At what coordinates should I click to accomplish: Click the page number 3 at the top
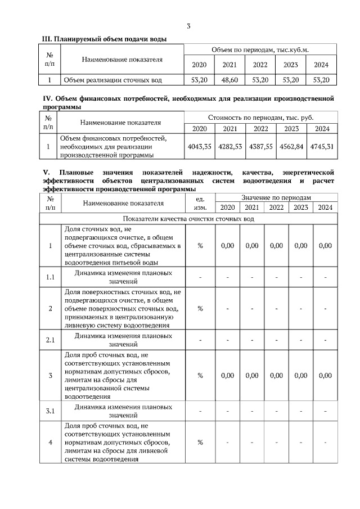click(188, 26)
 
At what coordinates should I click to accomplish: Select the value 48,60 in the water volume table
click(229, 80)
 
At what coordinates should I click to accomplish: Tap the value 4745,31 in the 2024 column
click(323, 146)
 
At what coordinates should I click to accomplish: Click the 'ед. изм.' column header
click(200, 203)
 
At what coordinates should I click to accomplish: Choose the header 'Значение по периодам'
click(276, 198)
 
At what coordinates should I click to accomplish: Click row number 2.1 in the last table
click(50, 340)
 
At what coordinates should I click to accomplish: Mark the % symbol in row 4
click(200, 442)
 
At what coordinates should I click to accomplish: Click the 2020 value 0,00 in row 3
click(227, 375)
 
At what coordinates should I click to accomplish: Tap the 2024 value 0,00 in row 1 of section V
click(325, 245)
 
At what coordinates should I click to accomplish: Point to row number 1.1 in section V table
click(50, 277)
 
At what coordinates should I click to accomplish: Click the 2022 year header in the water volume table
click(260, 65)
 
